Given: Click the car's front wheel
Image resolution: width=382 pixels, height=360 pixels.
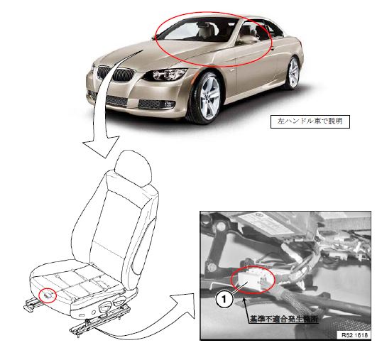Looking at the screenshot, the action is (207, 97).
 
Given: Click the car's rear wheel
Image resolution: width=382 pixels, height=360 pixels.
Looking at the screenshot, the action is (293, 72).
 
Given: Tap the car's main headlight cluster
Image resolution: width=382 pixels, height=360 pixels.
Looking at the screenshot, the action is (166, 75).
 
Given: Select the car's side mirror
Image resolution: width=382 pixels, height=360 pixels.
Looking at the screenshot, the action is (246, 40).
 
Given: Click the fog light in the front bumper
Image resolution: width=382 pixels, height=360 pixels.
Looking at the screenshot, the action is (169, 105).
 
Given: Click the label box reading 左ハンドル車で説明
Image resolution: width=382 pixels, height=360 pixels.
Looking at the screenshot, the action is (310, 121).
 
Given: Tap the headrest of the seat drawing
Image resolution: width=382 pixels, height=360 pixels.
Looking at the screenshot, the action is (133, 168).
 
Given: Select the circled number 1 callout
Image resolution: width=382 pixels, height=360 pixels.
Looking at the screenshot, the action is (224, 299).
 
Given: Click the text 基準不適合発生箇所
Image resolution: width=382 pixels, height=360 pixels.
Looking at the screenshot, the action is (284, 319).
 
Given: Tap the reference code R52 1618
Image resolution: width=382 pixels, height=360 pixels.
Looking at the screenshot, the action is (354, 335).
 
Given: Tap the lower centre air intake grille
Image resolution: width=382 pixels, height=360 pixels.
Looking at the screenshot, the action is (117, 100).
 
